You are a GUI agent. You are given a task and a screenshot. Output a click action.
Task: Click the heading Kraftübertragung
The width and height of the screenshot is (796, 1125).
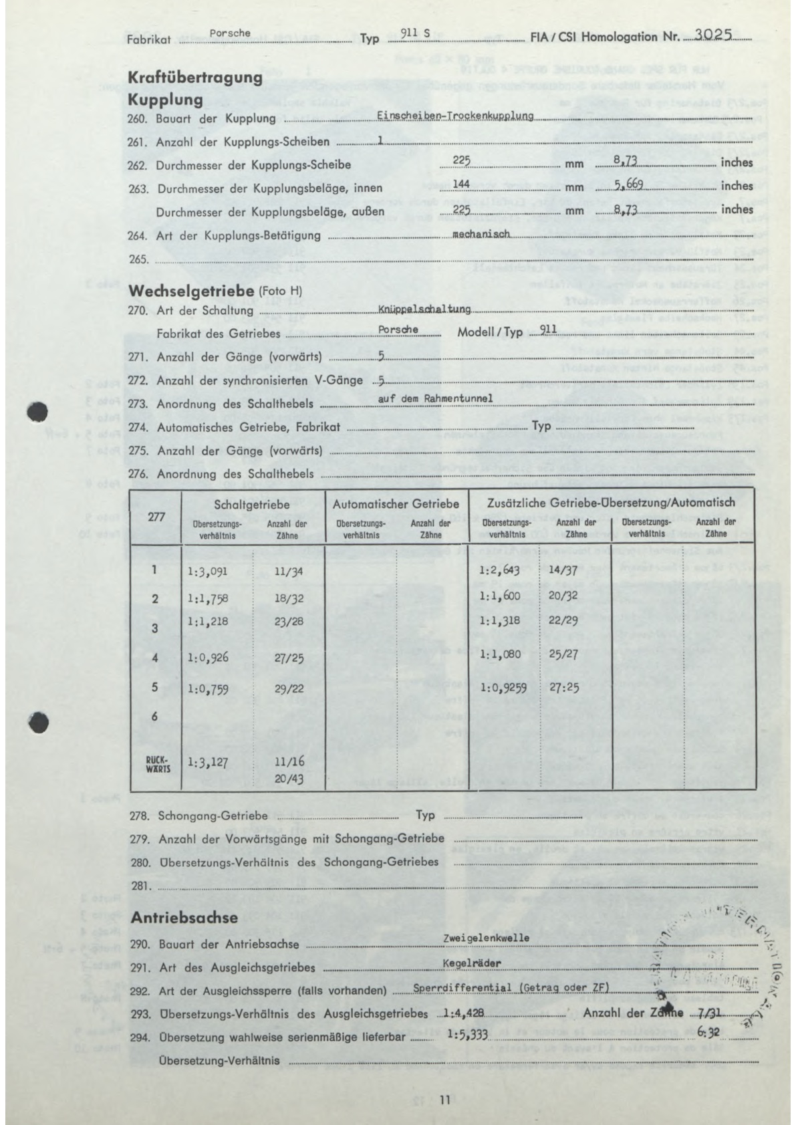(x=194, y=77)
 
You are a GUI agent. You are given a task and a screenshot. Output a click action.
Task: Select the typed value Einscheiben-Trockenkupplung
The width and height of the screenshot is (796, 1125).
(x=455, y=116)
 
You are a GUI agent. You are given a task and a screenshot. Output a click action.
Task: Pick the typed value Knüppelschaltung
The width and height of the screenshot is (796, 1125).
(x=424, y=309)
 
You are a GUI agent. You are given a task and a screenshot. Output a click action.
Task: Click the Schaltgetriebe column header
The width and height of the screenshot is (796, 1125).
(x=251, y=504)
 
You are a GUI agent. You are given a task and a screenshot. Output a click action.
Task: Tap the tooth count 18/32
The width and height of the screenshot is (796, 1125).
(x=289, y=598)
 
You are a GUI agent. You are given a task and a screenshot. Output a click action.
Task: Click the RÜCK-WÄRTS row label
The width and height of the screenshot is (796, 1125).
(x=155, y=763)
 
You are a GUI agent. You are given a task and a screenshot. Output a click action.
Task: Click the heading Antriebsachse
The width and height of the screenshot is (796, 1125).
(x=184, y=918)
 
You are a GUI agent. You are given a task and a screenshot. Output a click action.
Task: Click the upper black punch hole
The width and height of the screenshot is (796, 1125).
(x=39, y=411)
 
